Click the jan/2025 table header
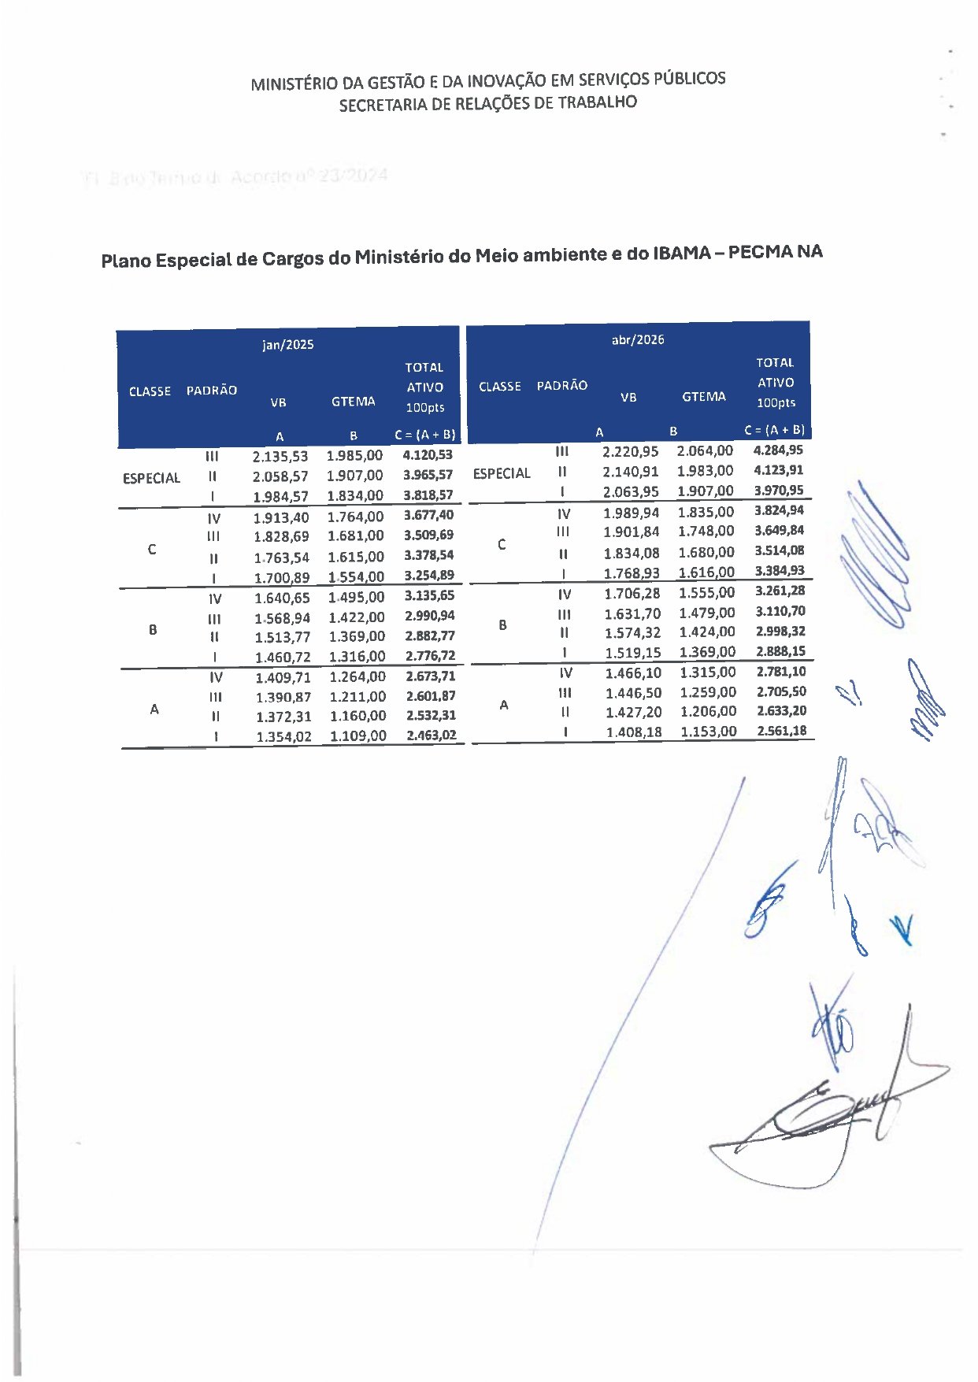(287, 345)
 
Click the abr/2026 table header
(638, 340)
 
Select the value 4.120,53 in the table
(428, 455)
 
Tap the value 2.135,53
(280, 457)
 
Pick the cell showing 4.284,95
(778, 450)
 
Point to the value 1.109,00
(357, 735)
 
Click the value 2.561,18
(781, 731)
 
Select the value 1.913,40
(281, 517)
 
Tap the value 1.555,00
(706, 593)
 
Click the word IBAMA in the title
(681, 254)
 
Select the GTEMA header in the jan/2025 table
(353, 402)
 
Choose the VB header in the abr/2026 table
(628, 398)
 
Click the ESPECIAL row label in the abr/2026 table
(502, 473)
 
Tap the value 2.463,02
(431, 735)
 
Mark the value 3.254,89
(429, 576)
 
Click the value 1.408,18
(634, 732)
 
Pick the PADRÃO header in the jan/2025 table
(212, 391)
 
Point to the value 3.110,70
(780, 611)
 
